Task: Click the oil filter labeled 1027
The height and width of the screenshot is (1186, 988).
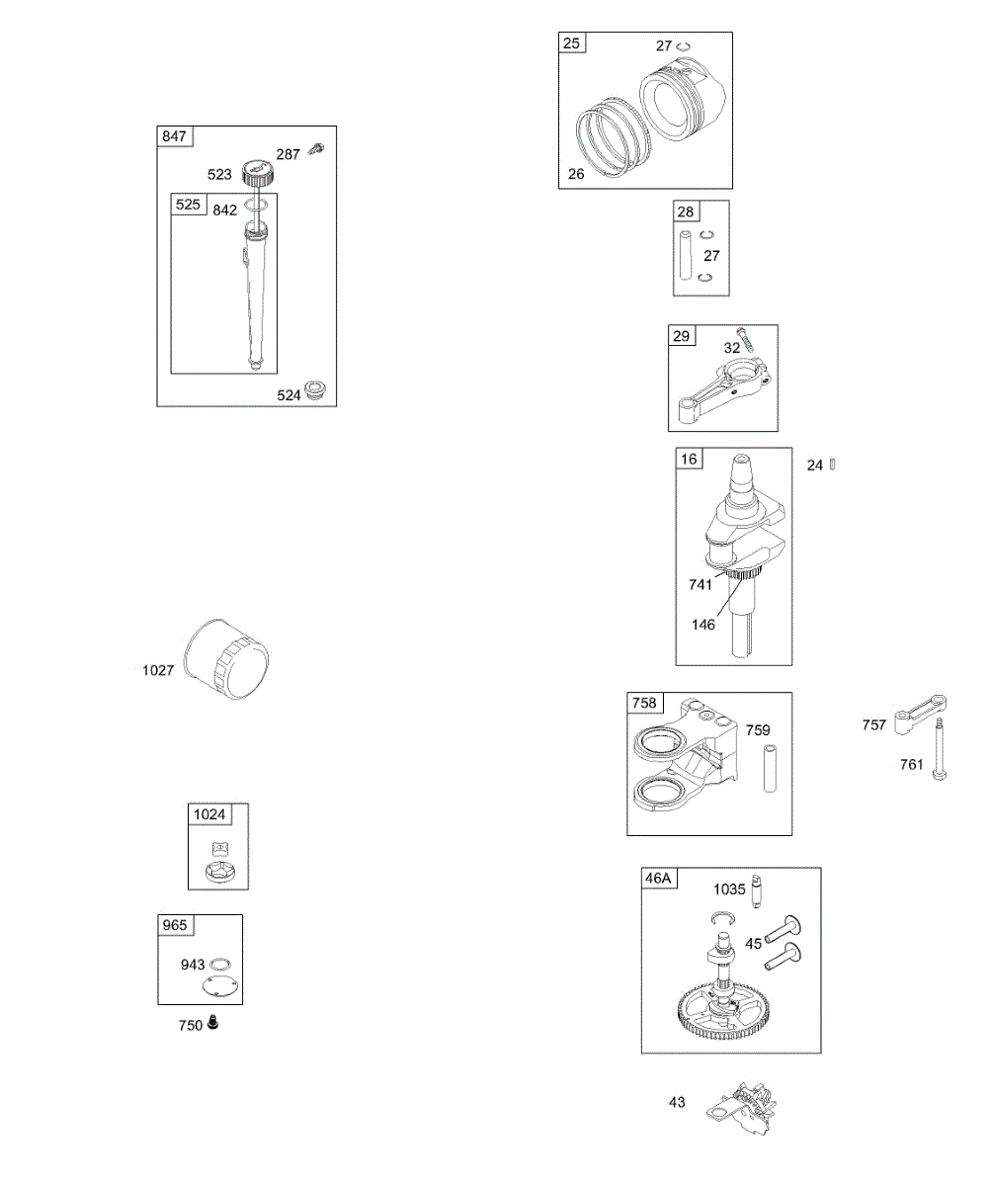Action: pos(229,659)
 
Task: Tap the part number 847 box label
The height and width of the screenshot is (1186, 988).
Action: pos(174,136)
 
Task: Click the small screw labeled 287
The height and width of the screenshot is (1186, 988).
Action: pos(316,149)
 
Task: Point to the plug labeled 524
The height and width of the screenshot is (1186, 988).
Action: pos(317,389)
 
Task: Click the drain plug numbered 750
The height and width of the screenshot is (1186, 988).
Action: pos(212,1024)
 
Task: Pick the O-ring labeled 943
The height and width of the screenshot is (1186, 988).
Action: pos(222,964)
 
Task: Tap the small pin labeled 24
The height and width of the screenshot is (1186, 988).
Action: pos(833,464)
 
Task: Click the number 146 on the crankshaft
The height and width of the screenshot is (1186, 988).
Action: pos(702,625)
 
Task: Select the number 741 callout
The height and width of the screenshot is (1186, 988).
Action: pos(701,584)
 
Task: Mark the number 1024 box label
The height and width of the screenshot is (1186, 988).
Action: pos(208,814)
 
